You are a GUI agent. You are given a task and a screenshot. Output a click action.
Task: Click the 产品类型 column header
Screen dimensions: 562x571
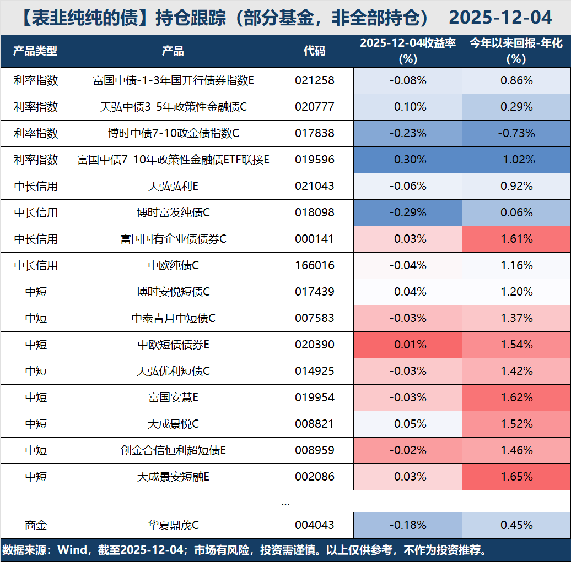[x=35, y=51]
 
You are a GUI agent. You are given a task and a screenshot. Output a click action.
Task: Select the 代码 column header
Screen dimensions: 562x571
[x=314, y=51]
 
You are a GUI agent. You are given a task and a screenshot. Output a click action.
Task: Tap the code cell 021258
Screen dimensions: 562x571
[x=314, y=80]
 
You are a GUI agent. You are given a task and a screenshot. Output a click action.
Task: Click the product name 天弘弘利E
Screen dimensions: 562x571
[x=173, y=186]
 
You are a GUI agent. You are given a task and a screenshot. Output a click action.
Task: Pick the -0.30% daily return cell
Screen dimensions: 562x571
[x=408, y=160]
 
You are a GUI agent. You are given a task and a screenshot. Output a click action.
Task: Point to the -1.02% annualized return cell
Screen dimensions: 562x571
[x=516, y=160]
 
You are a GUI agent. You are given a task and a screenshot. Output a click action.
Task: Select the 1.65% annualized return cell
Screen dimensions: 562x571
[x=516, y=477]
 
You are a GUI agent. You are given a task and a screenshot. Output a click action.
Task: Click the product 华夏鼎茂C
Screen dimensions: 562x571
[x=173, y=525]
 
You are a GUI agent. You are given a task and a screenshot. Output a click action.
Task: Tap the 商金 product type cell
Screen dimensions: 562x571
[x=35, y=525]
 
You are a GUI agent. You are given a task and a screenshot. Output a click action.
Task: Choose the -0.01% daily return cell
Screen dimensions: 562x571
[x=408, y=345]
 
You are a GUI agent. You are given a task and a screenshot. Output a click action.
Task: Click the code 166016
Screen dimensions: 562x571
[x=314, y=265]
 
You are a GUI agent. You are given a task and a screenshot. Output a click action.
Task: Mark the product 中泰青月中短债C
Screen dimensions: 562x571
[x=173, y=318]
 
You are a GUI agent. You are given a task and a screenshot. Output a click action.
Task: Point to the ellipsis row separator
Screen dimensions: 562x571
[x=285, y=501]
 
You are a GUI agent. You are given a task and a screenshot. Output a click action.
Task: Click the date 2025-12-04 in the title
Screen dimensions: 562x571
[x=500, y=18]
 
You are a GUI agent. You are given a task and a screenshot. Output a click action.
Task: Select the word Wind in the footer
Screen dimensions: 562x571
[x=72, y=550]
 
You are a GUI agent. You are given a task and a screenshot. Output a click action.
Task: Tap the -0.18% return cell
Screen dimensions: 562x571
[x=408, y=525]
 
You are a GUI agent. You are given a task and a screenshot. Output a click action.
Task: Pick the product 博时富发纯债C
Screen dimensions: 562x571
[x=173, y=212]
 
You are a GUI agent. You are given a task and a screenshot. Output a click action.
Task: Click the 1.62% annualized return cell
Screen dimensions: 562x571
[x=516, y=397]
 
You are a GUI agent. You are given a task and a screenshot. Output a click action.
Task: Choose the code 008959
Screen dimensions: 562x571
[x=314, y=450]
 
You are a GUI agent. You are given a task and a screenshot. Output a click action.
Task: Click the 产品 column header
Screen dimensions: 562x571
[x=173, y=51]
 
